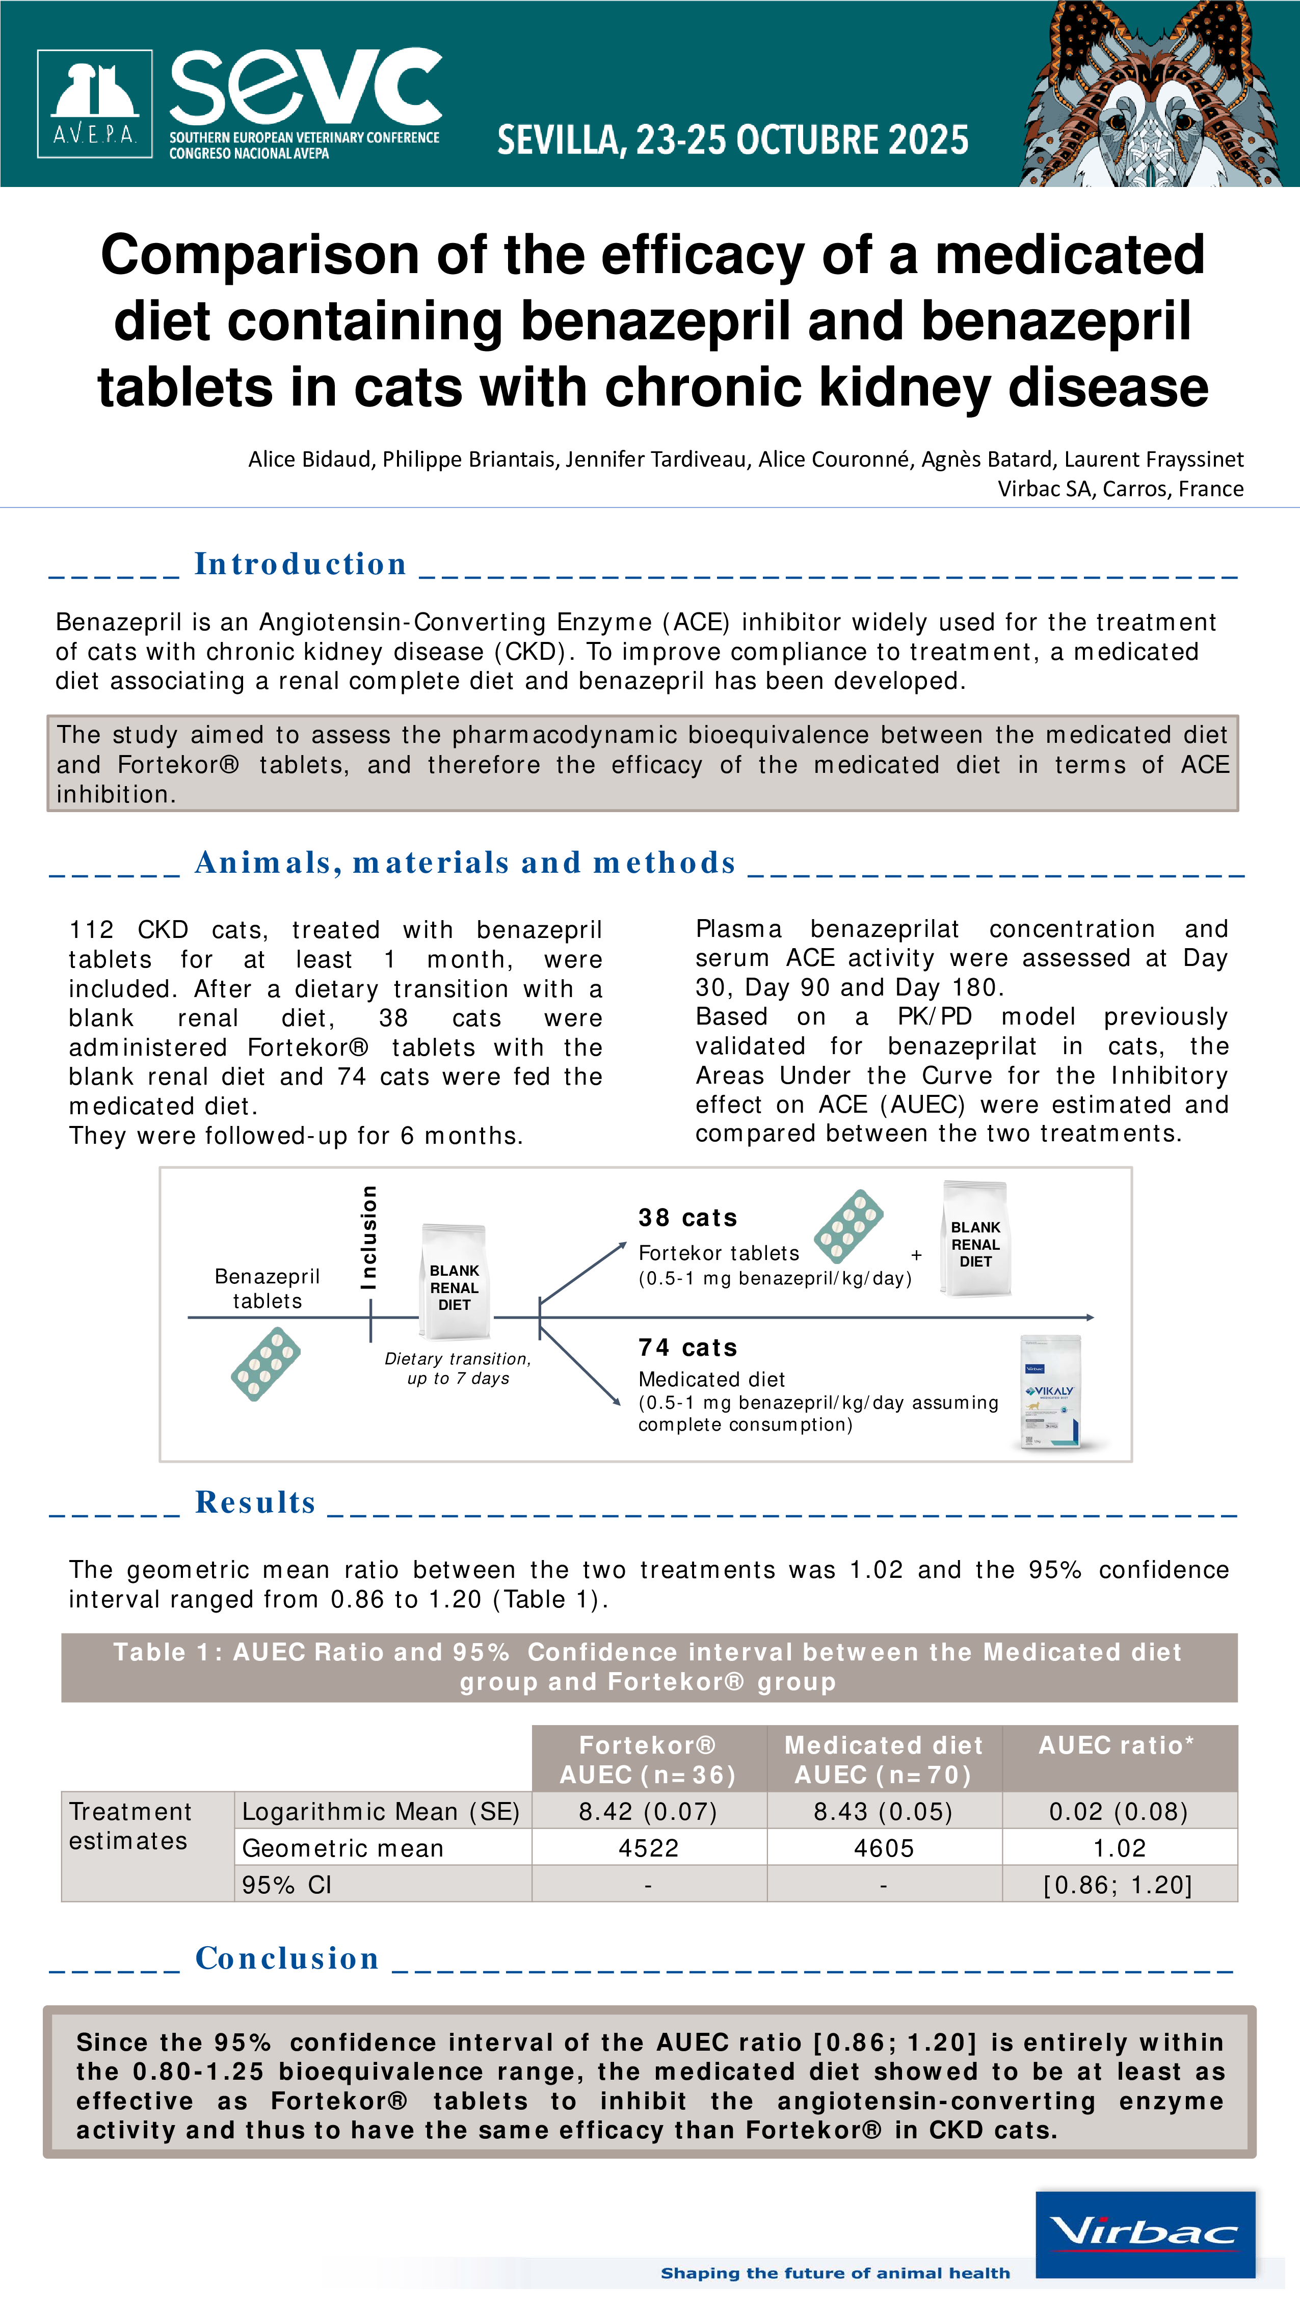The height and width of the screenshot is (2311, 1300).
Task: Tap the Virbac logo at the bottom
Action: click(x=1145, y=2234)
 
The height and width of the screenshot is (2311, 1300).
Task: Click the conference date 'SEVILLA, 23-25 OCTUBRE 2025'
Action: click(x=733, y=140)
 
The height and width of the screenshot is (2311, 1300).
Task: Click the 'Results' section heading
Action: click(x=256, y=1502)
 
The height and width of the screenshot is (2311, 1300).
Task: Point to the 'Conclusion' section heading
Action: click(x=287, y=1958)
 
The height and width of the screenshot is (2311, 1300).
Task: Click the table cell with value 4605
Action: click(x=884, y=1848)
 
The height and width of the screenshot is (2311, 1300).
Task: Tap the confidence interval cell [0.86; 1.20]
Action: click(x=1118, y=1885)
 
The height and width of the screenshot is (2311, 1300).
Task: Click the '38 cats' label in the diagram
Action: click(x=688, y=1218)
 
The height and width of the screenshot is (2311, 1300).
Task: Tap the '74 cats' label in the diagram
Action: click(x=688, y=1348)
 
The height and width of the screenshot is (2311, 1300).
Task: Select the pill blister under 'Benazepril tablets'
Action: click(x=266, y=1364)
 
